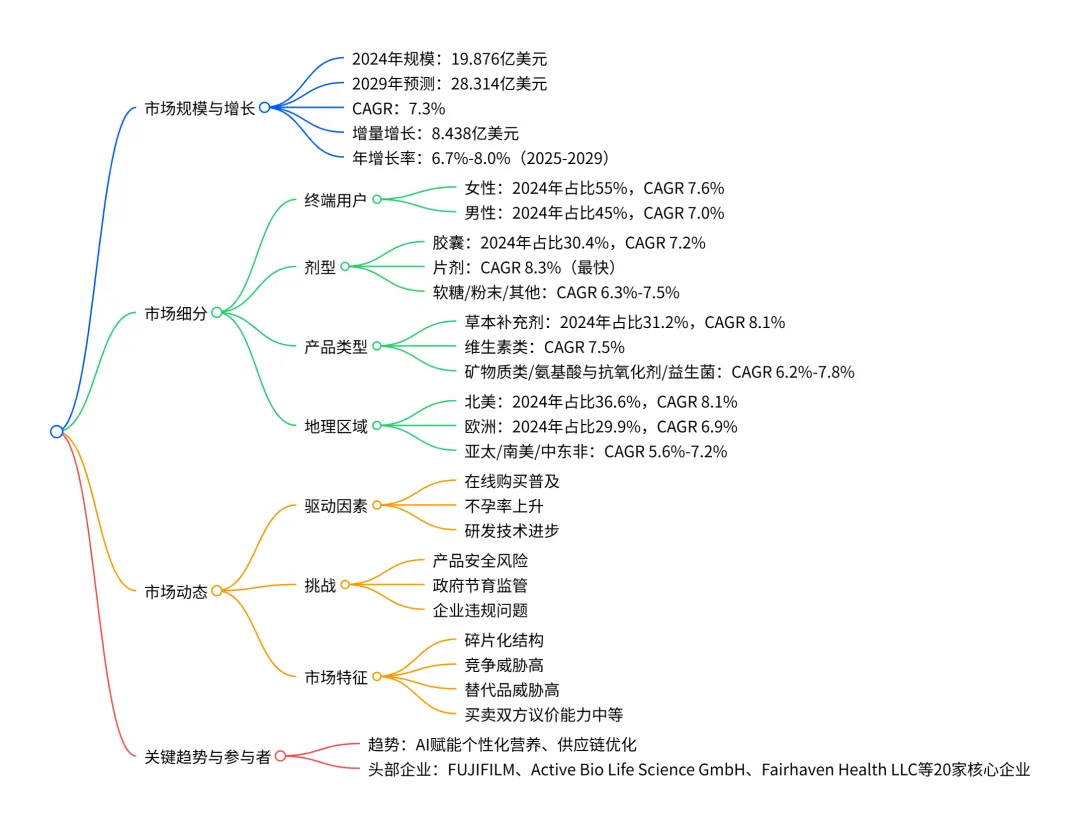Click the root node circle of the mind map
point(56,431)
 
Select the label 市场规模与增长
point(200,107)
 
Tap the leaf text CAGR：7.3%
point(398,108)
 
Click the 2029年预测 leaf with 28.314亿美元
point(449,84)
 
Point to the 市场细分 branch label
point(176,313)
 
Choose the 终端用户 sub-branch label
point(336,199)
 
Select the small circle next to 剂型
point(345,267)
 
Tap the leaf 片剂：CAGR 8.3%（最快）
point(524,267)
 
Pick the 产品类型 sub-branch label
point(336,347)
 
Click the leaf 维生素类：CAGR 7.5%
point(544,347)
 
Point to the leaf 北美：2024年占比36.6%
point(601,402)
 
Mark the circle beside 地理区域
point(377,426)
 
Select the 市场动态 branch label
point(176,591)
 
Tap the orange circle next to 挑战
point(345,584)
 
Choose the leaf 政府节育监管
point(479,585)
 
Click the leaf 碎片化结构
point(504,640)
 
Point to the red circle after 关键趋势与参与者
point(280,757)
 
